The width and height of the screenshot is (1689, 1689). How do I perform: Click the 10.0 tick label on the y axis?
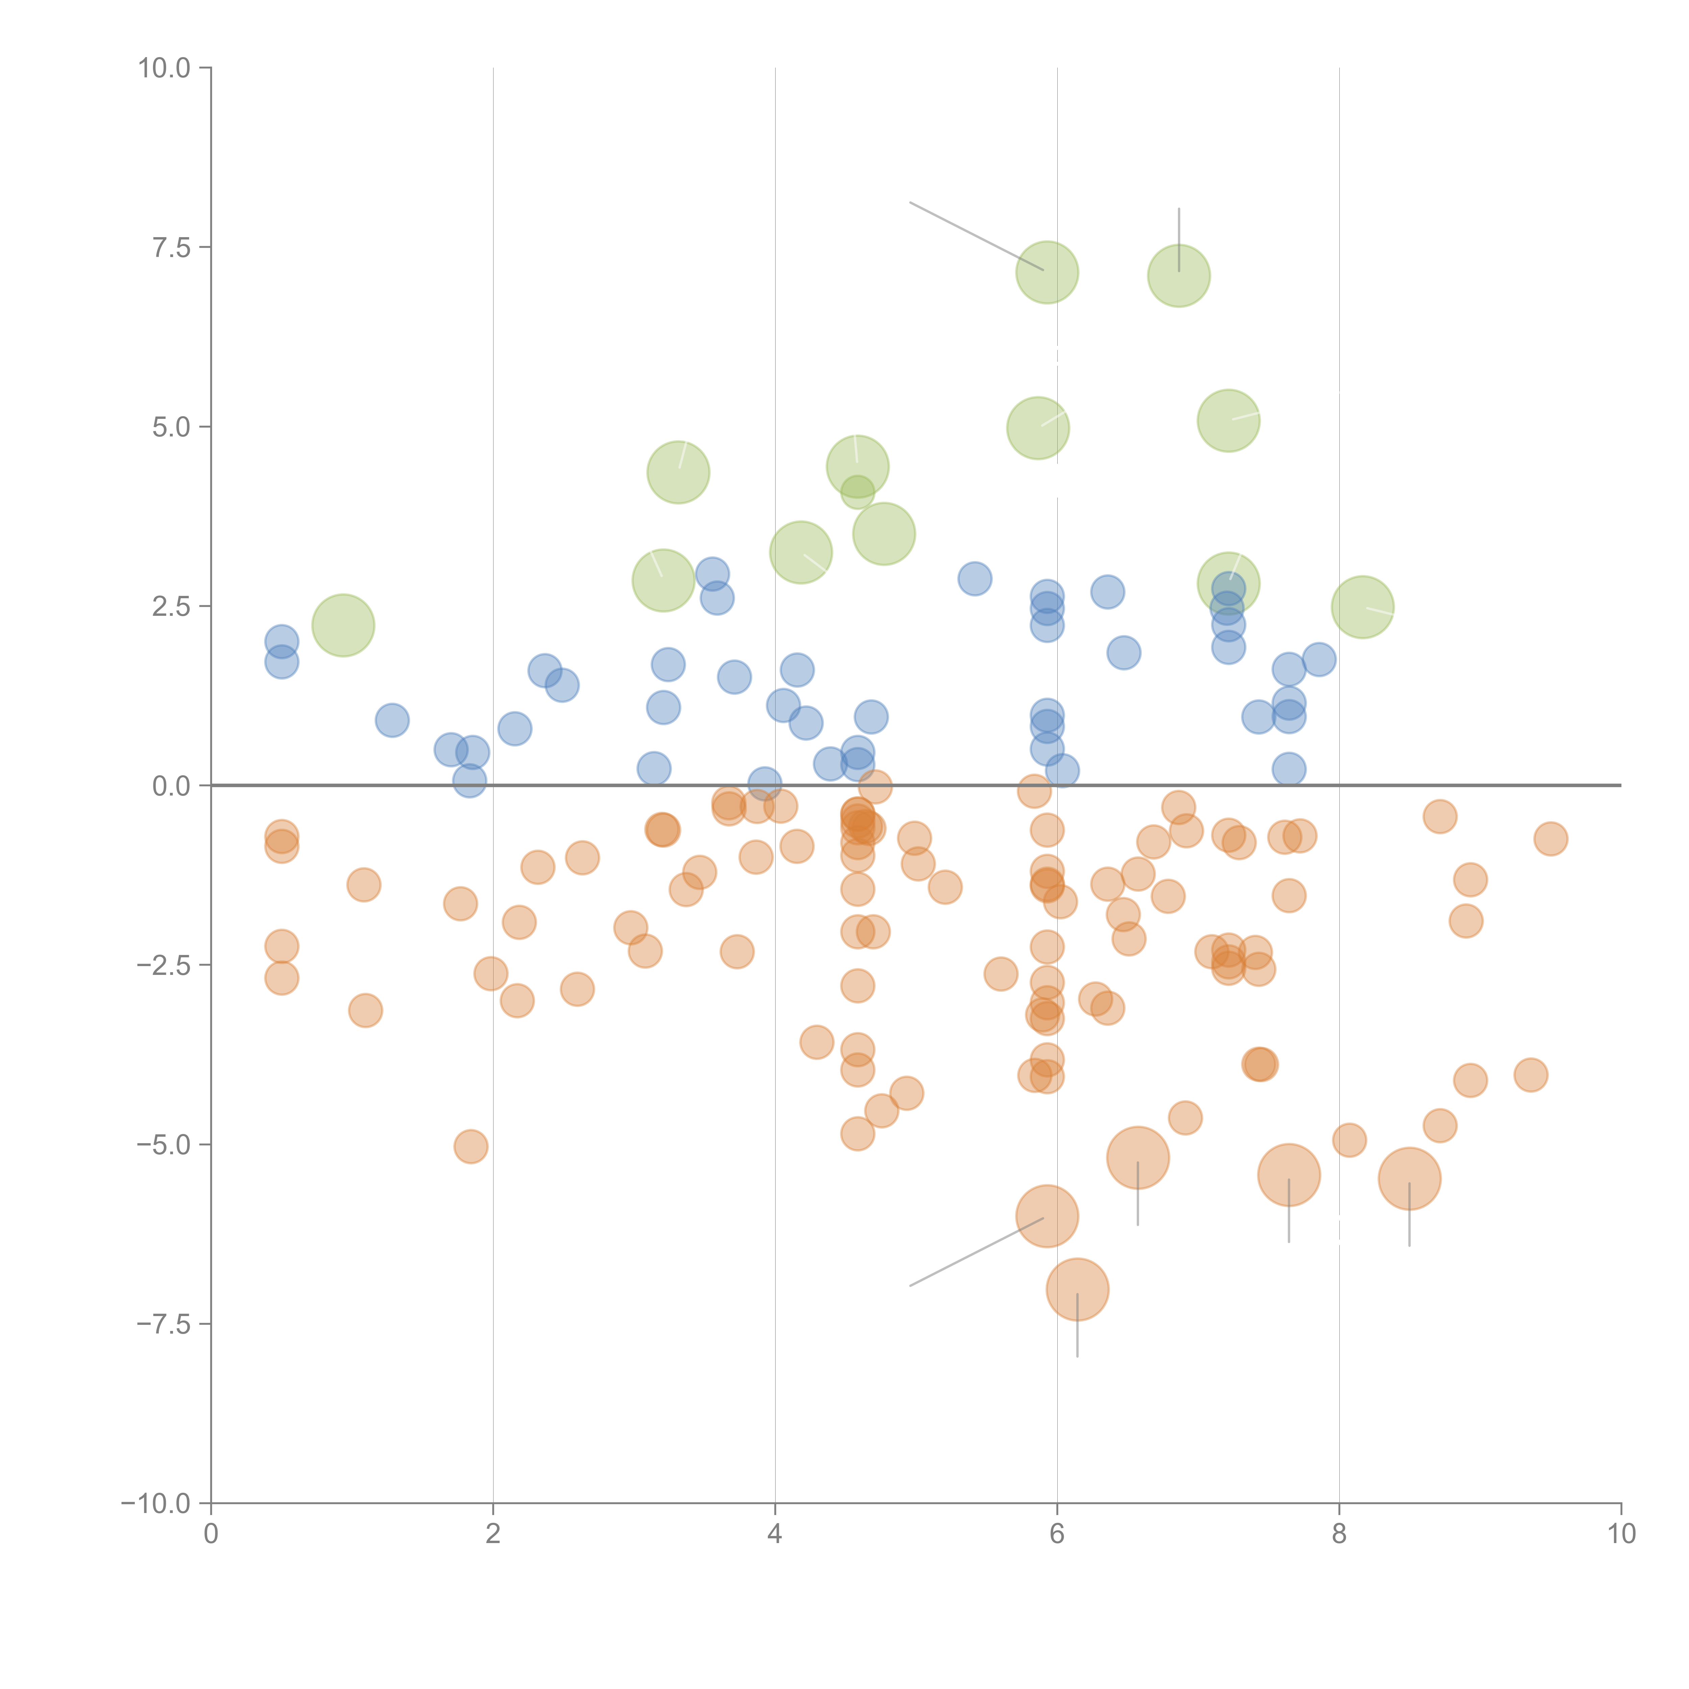point(165,68)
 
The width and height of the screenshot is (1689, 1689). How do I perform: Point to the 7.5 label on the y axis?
point(171,247)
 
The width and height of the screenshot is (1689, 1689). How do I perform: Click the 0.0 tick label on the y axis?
point(171,786)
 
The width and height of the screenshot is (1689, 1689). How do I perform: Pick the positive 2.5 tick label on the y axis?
point(171,607)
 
